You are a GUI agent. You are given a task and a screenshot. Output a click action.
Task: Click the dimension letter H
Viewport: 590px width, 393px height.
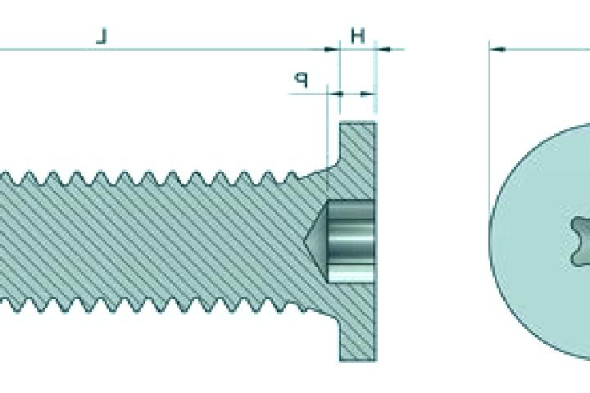pos(358,36)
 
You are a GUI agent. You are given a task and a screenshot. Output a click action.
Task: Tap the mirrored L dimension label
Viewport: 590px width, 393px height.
pos(102,37)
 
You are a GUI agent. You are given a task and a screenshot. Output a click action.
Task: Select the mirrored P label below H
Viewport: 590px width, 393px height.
pos(302,79)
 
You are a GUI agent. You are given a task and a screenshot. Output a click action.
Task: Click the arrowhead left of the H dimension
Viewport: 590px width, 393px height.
pos(332,49)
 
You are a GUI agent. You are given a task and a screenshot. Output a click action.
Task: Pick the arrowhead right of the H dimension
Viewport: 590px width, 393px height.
pos(383,49)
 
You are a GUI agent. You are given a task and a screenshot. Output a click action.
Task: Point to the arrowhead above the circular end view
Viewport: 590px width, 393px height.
pos(497,49)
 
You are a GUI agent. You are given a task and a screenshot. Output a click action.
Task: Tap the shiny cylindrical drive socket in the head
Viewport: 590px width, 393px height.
pos(351,241)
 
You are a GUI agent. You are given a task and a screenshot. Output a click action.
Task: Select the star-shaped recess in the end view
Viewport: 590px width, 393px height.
pos(581,241)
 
